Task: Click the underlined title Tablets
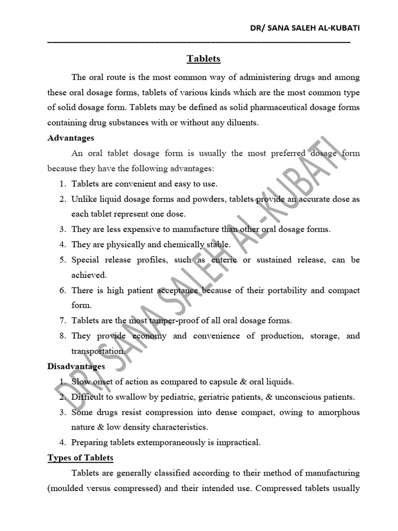pyautogui.click(x=204, y=59)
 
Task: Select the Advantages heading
pyautogui.click(x=71, y=138)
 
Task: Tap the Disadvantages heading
pyautogui.click(x=76, y=367)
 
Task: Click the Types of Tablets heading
pyautogui.click(x=80, y=458)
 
